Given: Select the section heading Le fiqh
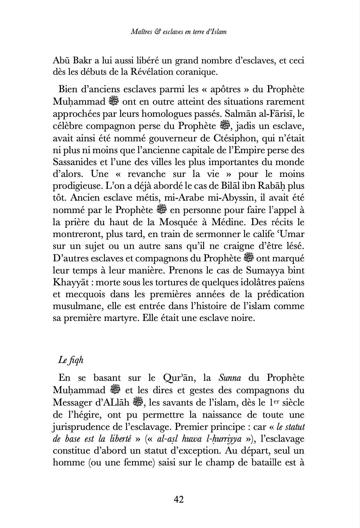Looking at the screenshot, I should coord(71,361).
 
